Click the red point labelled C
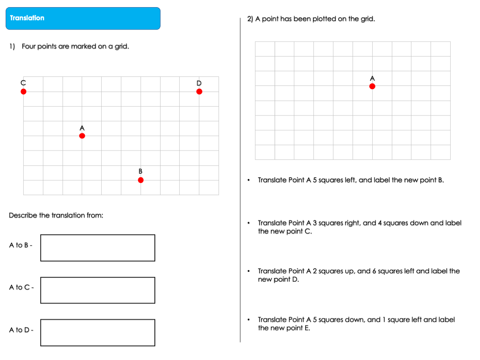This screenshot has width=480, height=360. click(24, 91)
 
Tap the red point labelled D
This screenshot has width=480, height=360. click(199, 91)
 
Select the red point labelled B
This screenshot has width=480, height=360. click(141, 180)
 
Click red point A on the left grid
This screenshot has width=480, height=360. click(82, 136)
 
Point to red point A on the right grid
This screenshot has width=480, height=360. click(372, 86)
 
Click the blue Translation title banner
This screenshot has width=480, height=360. click(83, 18)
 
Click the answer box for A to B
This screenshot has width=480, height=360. click(97, 248)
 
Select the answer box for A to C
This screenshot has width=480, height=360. click(97, 290)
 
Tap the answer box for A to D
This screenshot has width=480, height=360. click(97, 333)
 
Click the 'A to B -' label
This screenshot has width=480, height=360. click(21, 245)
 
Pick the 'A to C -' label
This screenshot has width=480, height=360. click(21, 288)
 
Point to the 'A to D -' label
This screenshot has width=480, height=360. click(21, 330)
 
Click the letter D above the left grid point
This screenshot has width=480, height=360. click(199, 83)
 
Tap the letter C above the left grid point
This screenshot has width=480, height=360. click(23, 83)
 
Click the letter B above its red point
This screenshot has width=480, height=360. click(140, 171)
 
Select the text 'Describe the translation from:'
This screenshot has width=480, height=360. click(56, 215)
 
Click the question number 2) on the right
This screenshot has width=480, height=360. click(250, 19)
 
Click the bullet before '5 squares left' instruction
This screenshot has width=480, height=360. click(248, 180)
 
